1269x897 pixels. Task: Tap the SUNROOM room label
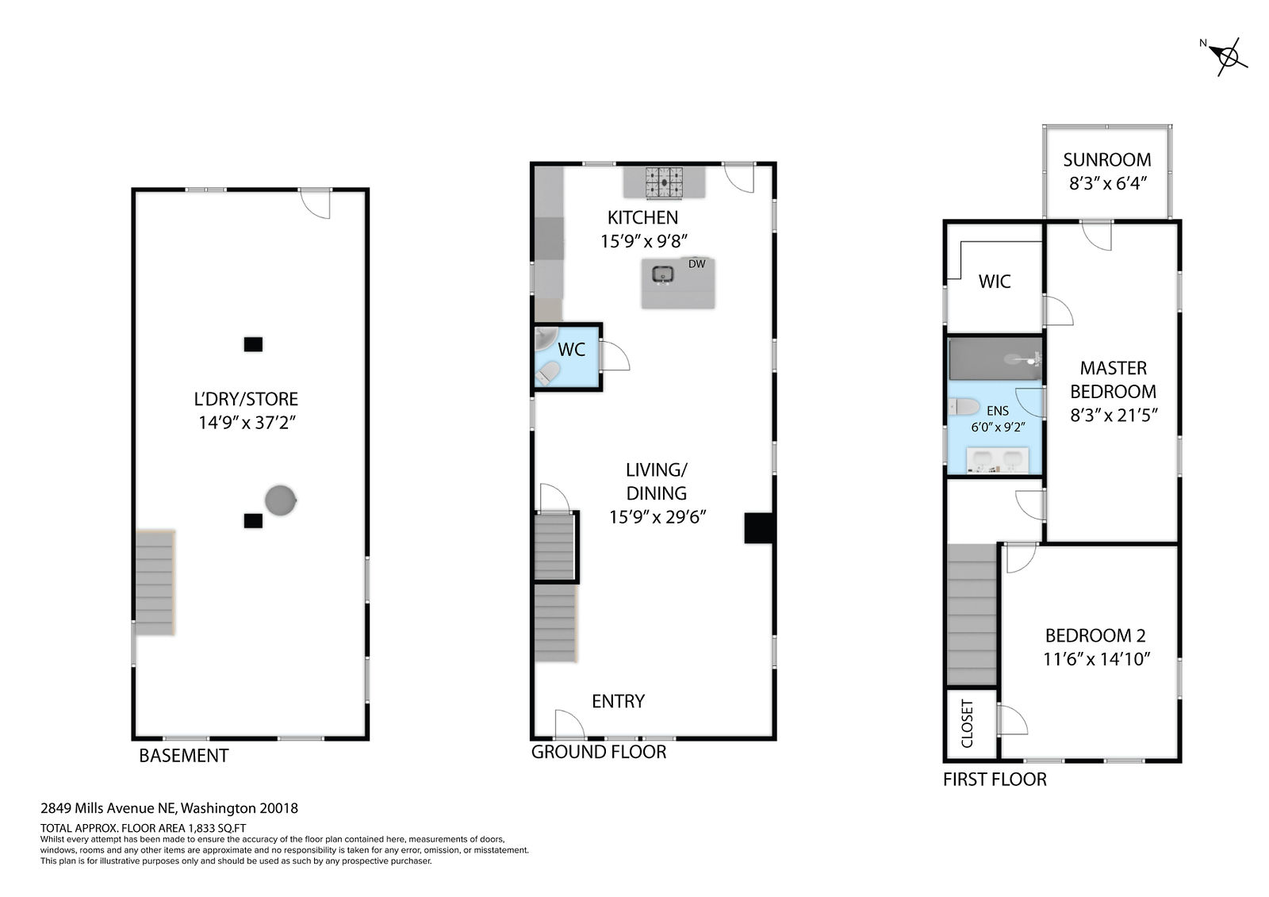(x=1107, y=159)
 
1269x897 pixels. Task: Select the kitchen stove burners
(x=664, y=182)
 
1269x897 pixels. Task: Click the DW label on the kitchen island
(x=697, y=263)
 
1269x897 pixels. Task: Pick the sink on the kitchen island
(x=663, y=275)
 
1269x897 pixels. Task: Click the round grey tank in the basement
(x=281, y=500)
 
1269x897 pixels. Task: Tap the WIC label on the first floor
(x=995, y=282)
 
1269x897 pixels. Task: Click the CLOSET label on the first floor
(x=967, y=723)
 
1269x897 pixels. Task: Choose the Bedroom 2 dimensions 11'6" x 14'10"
(x=1097, y=659)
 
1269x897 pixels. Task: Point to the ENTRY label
(x=618, y=702)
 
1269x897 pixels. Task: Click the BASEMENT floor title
(x=183, y=756)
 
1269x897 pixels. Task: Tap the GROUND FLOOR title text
(x=598, y=752)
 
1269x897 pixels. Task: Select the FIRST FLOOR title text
(x=995, y=780)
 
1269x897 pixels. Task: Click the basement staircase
(x=155, y=582)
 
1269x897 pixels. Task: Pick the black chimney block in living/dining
(x=758, y=528)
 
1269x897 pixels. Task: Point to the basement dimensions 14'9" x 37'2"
(x=247, y=423)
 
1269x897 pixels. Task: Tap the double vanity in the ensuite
(x=998, y=460)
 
